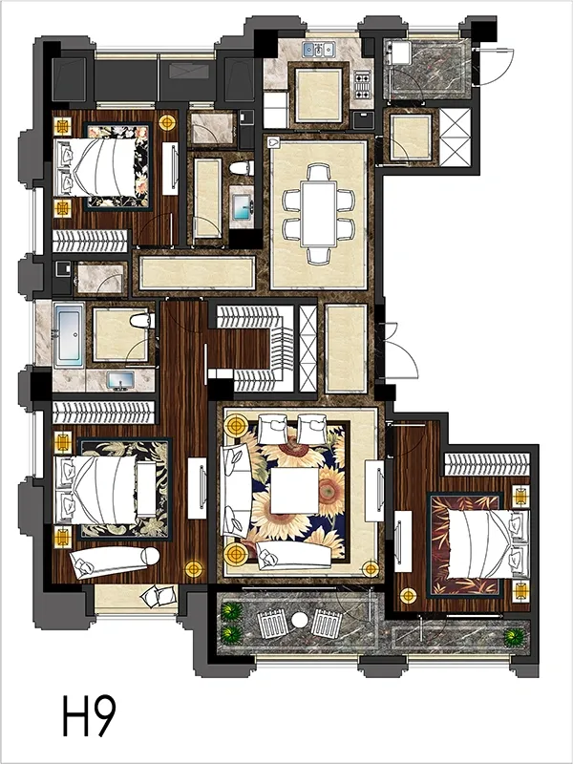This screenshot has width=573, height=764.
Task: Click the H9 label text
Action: (90, 715)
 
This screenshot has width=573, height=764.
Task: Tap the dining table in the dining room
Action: (319, 214)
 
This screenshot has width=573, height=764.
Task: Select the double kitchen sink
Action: (319, 50)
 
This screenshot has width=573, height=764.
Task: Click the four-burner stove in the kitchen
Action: (362, 84)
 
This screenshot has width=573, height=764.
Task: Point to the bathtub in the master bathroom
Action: (69, 335)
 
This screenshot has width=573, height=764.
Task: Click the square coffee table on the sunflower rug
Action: (295, 490)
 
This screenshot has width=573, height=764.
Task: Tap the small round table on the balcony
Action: (300, 620)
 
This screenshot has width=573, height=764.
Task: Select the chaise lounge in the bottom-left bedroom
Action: (115, 561)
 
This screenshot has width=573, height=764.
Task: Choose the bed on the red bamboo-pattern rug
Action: (488, 543)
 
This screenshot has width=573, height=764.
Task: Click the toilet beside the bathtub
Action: (141, 321)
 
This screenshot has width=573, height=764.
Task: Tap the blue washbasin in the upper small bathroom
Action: (242, 206)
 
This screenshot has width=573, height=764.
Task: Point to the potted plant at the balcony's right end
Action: (514, 637)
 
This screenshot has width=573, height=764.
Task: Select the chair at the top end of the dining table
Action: (319, 172)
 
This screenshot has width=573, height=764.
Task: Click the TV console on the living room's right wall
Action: (374, 491)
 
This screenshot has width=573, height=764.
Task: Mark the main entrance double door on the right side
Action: (397, 350)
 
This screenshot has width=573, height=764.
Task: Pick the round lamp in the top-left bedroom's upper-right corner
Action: (167, 122)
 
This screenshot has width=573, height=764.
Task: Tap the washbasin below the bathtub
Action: (120, 379)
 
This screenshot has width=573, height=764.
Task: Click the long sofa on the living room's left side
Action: (236, 490)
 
